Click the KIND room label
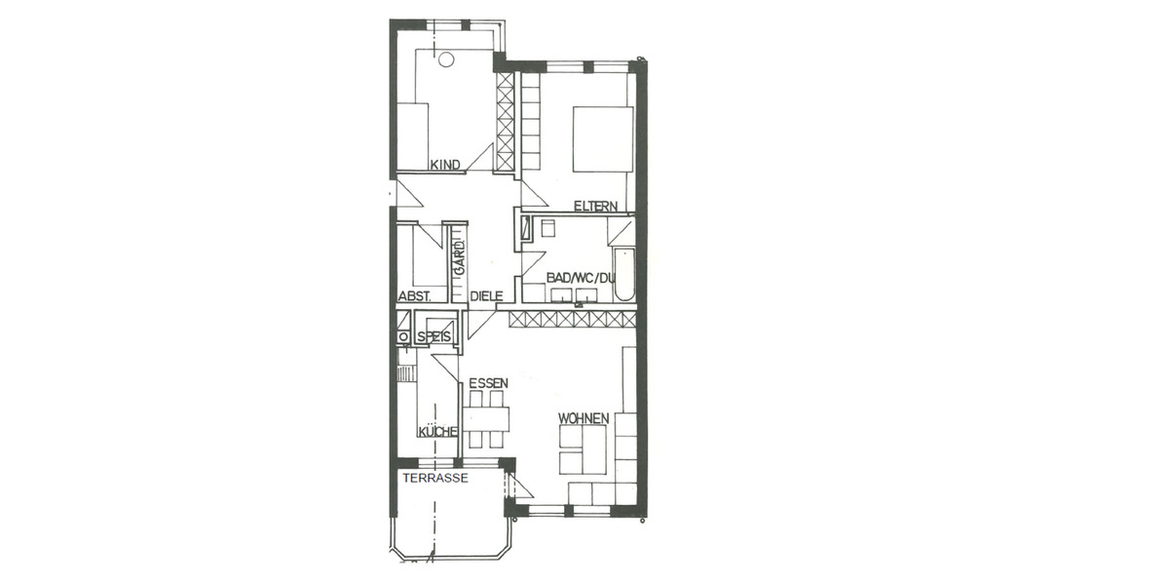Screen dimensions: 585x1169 pyautogui.click(x=445, y=166)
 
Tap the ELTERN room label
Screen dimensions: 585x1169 pyautogui.click(x=595, y=206)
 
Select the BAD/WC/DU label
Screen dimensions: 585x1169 pyautogui.click(x=581, y=278)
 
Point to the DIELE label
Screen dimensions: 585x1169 pyautogui.click(x=486, y=296)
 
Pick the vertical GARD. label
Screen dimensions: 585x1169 pyautogui.click(x=456, y=255)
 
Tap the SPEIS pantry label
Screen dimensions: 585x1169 pyautogui.click(x=434, y=337)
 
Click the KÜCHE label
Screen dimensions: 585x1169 pyautogui.click(x=437, y=432)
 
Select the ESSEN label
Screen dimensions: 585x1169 pyautogui.click(x=488, y=383)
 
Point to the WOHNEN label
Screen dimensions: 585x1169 pyautogui.click(x=584, y=418)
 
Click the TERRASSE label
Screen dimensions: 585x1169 pyautogui.click(x=435, y=479)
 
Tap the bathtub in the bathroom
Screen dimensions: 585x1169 pyautogui.click(x=622, y=274)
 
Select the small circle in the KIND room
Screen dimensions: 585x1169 pyautogui.click(x=446, y=59)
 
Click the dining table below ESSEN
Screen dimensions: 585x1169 pyautogui.click(x=486, y=420)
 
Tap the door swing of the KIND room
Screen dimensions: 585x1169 pyautogui.click(x=480, y=159)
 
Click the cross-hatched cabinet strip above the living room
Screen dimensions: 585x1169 pyautogui.click(x=567, y=319)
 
